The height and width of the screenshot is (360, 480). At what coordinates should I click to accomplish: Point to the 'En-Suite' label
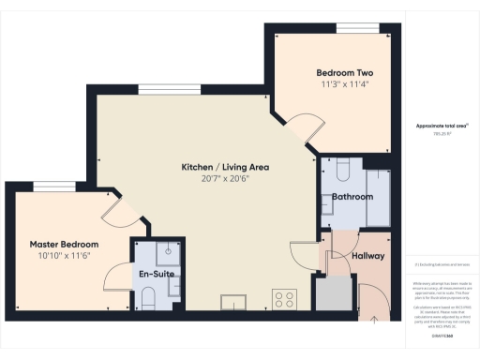pos(157,274)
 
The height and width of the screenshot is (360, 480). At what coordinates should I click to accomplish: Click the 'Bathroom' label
pos(352,197)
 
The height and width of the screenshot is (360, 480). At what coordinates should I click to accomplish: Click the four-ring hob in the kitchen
pos(284,300)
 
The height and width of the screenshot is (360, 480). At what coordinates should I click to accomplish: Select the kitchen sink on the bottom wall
pos(233,302)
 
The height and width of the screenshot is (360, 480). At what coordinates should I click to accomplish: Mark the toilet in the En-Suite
pos(149,299)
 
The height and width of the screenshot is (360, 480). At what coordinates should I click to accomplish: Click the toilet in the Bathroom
pos(341,170)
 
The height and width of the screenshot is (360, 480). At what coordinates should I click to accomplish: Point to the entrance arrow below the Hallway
pos(375,319)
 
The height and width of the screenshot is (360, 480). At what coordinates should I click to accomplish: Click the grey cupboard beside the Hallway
pos(330,294)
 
